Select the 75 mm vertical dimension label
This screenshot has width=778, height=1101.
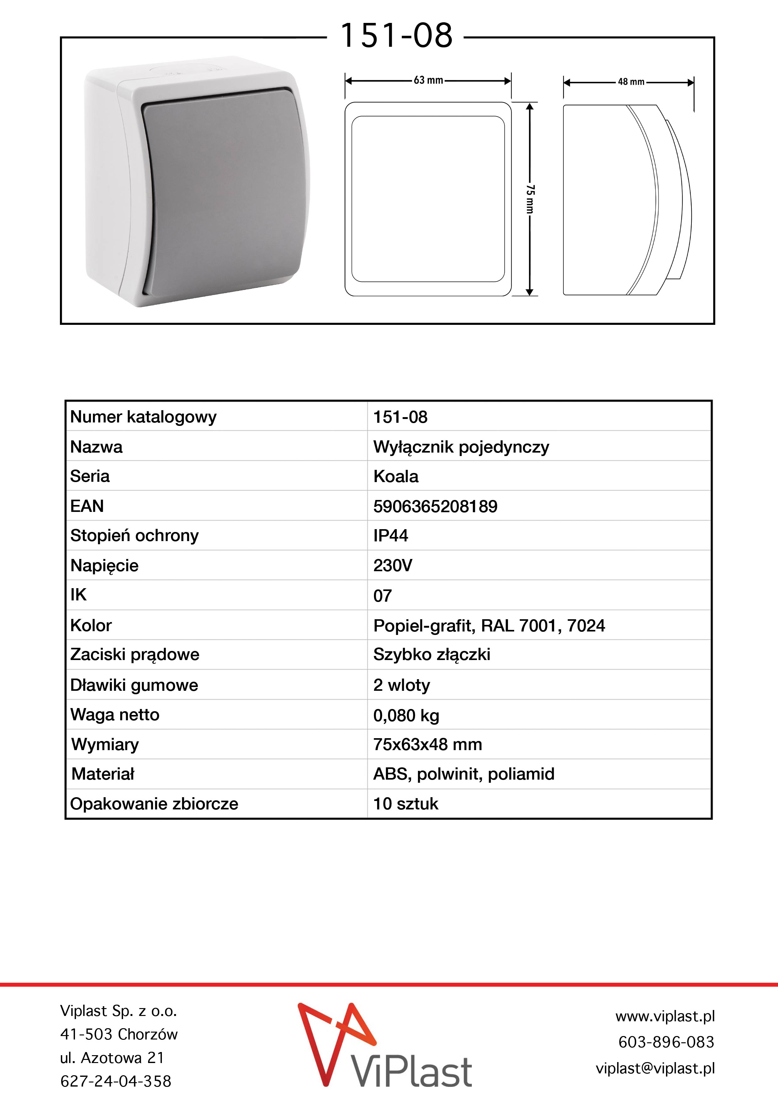point(530,199)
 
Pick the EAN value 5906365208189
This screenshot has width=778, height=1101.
point(435,506)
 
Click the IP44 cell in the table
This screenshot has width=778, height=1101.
point(391,536)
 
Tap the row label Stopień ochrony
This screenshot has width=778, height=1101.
point(134,536)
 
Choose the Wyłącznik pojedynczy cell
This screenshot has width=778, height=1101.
point(461,447)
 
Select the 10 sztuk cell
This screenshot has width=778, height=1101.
point(406,804)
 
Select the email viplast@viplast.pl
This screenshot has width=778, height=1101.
point(655,1068)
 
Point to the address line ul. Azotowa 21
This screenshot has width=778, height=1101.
point(112,1057)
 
